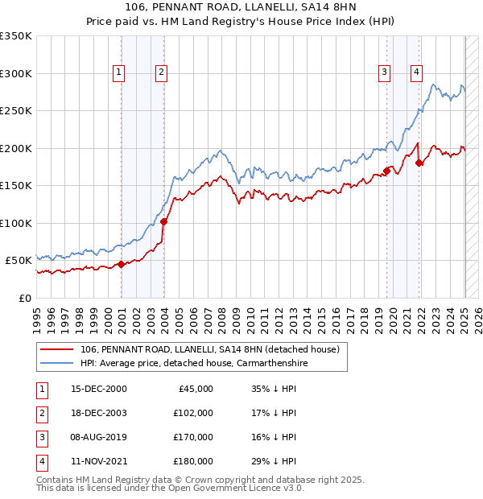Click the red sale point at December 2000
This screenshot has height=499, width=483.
(121, 264)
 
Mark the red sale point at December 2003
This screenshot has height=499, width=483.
(163, 221)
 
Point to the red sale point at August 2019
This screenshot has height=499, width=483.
(386, 171)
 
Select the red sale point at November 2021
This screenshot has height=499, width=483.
(419, 163)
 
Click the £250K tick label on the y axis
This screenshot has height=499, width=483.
(16, 110)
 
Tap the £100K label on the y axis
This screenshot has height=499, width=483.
(16, 223)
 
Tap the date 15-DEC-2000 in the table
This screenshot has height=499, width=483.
(98, 389)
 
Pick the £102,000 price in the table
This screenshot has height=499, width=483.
(193, 413)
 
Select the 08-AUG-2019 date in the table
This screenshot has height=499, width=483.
(98, 437)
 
